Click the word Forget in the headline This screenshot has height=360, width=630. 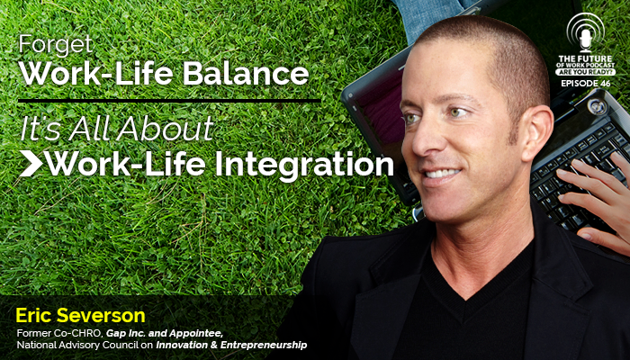[56, 45]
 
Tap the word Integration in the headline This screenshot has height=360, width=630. [304, 165]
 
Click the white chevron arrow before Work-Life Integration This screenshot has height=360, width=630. [31, 164]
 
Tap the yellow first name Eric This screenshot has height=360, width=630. [34, 315]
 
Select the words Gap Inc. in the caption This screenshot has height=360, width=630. [122, 334]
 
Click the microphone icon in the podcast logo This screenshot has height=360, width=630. [585, 40]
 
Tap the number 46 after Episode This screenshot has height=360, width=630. [604, 84]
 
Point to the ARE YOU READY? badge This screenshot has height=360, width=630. [585, 72]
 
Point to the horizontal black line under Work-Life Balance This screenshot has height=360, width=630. [169, 101]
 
